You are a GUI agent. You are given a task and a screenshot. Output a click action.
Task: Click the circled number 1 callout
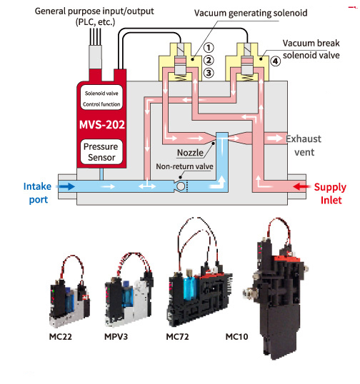point(209,48)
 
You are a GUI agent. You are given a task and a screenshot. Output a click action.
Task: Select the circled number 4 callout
point(275,61)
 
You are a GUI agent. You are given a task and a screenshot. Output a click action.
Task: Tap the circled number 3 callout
point(209,73)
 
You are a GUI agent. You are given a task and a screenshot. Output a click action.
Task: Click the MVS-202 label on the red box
point(102,125)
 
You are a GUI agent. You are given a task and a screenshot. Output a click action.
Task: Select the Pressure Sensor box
point(101,152)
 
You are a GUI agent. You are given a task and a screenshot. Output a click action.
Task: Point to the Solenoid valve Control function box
point(101,98)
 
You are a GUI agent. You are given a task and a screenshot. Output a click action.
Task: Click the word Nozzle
point(190,153)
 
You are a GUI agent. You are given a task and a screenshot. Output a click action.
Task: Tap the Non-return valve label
point(184,166)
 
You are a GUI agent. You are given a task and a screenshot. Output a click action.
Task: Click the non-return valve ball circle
point(181,186)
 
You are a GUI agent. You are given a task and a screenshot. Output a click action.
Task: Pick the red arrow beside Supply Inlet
point(301,186)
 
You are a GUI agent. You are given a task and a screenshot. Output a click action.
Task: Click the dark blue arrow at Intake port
point(66,186)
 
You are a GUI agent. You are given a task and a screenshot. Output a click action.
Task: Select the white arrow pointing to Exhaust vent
point(275,138)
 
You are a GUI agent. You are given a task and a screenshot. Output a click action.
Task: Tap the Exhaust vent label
point(304,146)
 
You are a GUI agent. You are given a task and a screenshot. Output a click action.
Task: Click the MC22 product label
point(60,336)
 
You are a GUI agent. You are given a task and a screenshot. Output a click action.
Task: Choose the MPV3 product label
point(116,336)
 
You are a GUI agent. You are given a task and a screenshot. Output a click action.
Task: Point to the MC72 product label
point(177,336)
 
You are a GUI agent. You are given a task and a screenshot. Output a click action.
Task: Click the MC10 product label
point(236,336)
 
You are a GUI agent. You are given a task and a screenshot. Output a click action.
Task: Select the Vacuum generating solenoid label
point(251,13)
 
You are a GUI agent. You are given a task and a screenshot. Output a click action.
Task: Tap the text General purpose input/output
point(94,11)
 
